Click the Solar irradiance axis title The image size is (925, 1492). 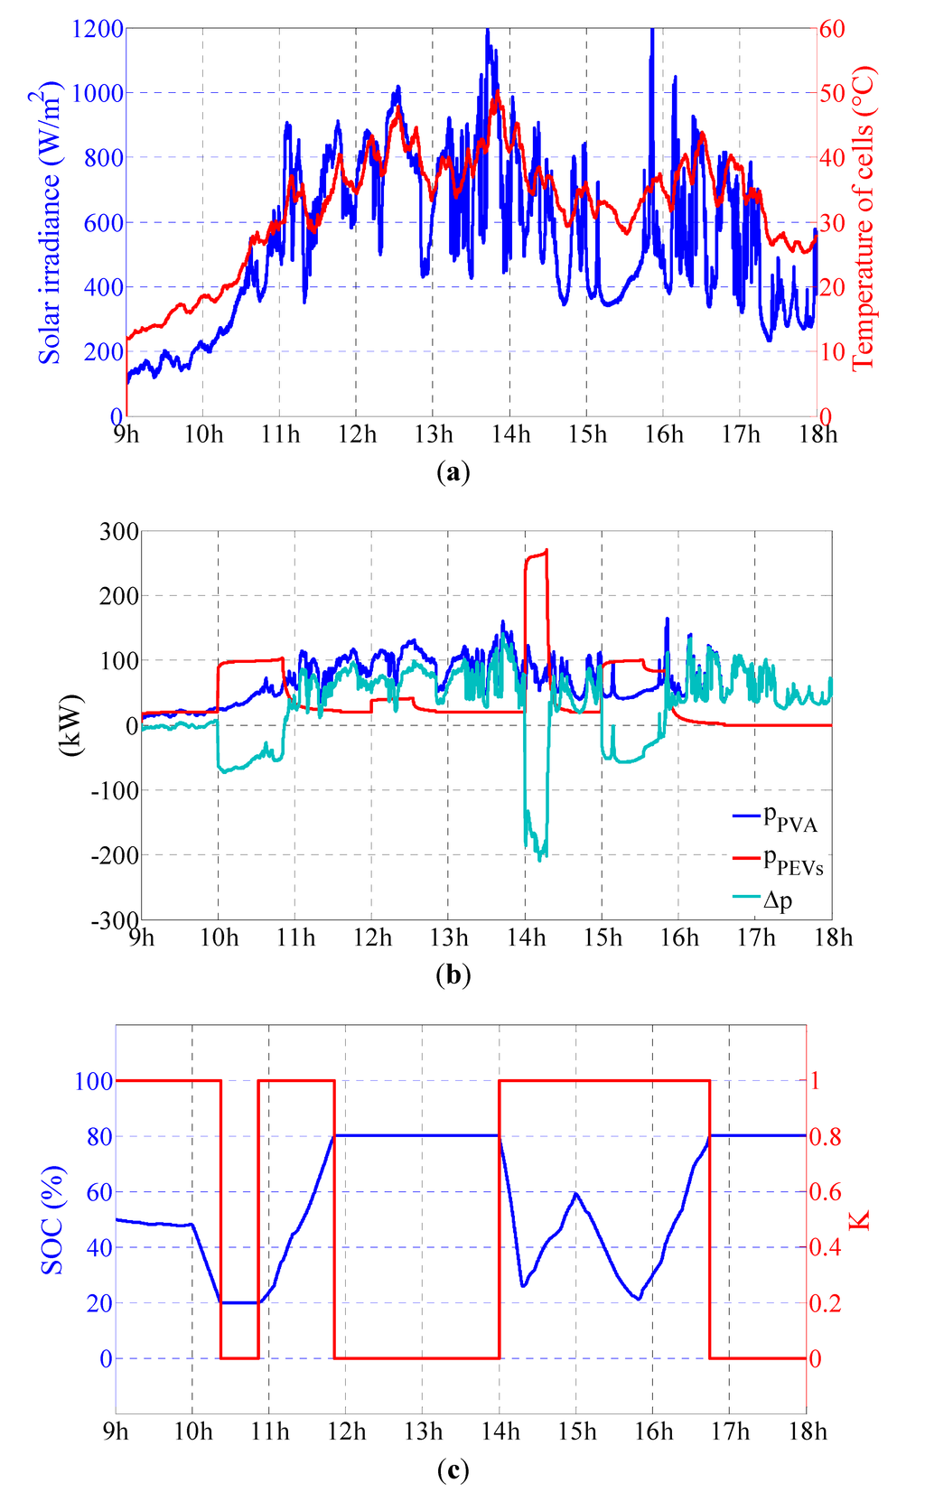51,221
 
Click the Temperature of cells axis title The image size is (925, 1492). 864,217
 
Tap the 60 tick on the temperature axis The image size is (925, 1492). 832,29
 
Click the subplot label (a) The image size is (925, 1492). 453,471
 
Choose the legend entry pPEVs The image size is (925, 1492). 792,860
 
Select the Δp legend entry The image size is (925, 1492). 777,899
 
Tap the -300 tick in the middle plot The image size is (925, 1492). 115,919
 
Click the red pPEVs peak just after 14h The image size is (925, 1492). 546,551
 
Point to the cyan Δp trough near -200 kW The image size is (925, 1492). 540,858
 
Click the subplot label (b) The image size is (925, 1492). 453,975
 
